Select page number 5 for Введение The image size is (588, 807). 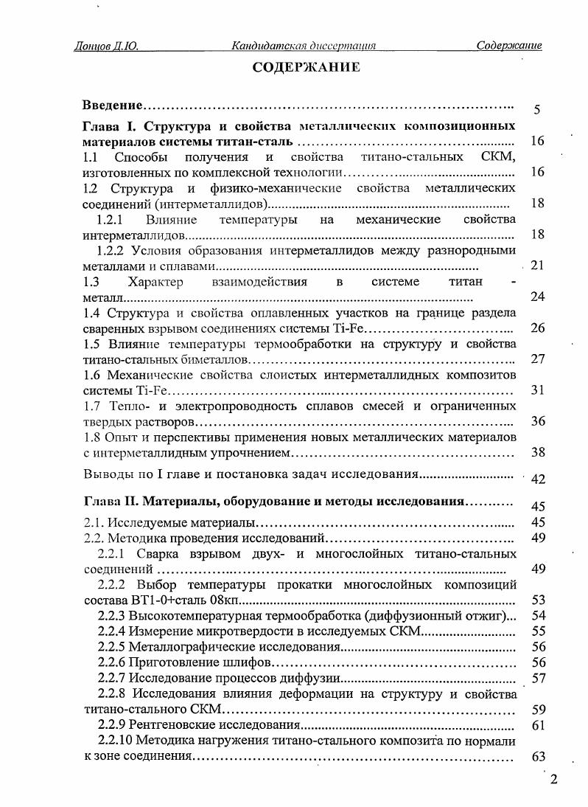tap(537, 110)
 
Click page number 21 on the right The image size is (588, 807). tap(536, 266)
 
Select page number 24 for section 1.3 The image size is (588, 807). tap(537, 297)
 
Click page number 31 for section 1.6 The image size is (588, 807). tap(537, 390)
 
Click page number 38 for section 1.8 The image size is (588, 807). tap(537, 452)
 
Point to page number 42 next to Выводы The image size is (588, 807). tap(537, 479)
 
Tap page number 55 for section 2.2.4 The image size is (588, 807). tap(537, 631)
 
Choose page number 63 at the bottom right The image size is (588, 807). tap(537, 757)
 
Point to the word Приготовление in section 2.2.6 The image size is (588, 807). tap(167, 662)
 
